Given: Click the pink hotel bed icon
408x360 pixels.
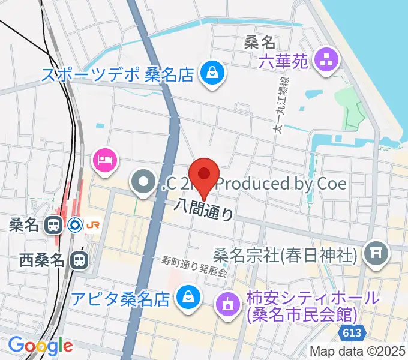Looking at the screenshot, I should click(x=105, y=160).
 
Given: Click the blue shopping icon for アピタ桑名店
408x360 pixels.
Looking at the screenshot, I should click(x=188, y=296).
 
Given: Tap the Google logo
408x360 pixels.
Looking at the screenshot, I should click(x=40, y=346).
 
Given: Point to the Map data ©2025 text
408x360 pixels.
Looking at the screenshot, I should click(x=358, y=351).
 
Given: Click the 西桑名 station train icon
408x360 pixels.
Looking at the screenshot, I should click(x=78, y=260).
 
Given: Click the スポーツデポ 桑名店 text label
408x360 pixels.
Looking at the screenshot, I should click(x=118, y=75).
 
